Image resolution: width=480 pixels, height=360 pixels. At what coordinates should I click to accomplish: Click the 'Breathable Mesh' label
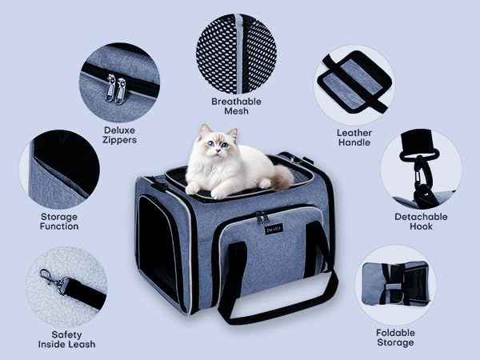(236, 106)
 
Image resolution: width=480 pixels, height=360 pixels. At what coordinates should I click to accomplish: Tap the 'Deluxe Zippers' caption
(119, 135)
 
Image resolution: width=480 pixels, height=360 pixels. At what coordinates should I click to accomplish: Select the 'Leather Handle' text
(354, 138)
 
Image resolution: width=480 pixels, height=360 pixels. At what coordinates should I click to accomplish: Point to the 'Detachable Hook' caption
(421, 222)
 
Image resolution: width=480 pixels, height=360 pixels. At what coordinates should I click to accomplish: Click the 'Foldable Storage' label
(395, 338)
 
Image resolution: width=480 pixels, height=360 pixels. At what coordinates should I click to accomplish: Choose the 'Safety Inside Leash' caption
(66, 339)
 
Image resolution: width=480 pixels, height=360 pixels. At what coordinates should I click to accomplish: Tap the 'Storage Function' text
(59, 222)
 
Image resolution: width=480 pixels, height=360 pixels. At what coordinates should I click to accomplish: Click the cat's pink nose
(217, 150)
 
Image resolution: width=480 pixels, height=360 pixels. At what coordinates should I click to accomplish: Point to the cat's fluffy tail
(282, 177)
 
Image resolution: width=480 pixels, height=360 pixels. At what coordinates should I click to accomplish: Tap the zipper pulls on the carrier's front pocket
(262, 218)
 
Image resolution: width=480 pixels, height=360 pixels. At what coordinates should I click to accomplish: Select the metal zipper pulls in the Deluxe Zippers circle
(115, 89)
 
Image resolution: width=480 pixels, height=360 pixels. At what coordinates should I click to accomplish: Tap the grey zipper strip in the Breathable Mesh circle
(240, 54)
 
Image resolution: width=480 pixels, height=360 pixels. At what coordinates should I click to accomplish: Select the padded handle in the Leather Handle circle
(353, 82)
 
